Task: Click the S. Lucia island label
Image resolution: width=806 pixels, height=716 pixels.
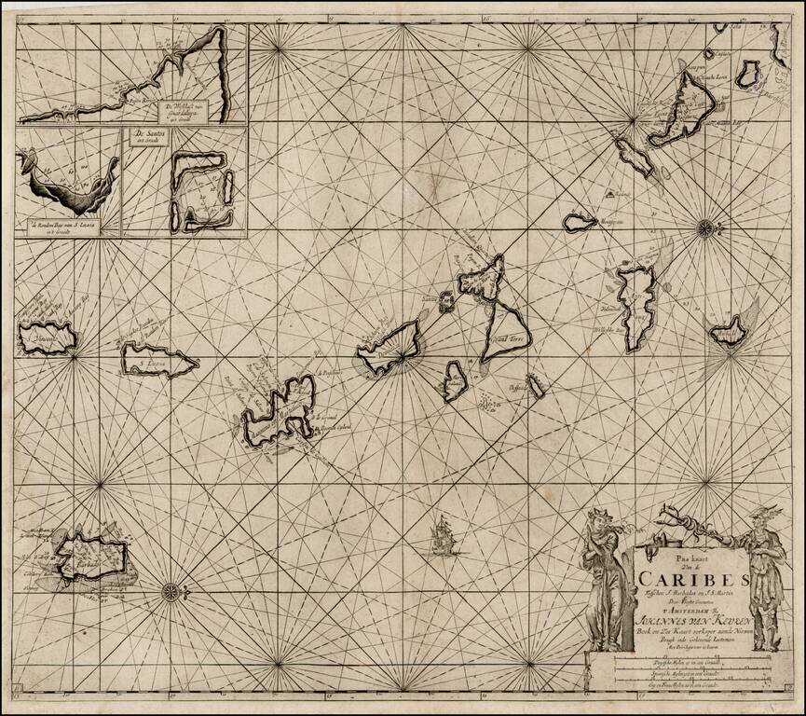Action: click(x=157, y=357)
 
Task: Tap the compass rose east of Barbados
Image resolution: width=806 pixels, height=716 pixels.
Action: click(x=171, y=589)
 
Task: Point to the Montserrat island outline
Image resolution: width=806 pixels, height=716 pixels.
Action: click(x=580, y=222)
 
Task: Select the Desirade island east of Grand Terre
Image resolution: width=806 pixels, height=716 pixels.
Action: click(x=537, y=385)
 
